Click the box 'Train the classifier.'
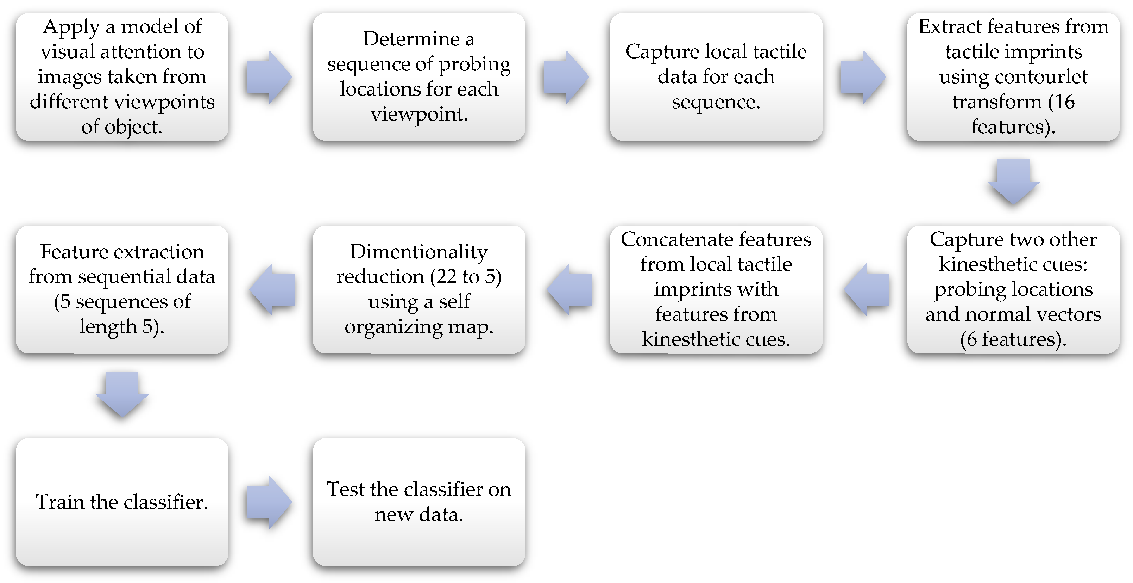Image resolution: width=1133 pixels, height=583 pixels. (x=122, y=502)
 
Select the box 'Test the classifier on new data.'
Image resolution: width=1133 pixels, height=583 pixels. (x=419, y=502)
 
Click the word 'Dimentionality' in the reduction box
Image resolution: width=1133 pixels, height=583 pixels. (x=419, y=252)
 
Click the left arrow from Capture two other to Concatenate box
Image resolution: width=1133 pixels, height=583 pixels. (x=867, y=289)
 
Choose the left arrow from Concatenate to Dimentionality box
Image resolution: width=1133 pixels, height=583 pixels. (x=569, y=289)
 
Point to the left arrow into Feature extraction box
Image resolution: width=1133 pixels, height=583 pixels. (x=272, y=289)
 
